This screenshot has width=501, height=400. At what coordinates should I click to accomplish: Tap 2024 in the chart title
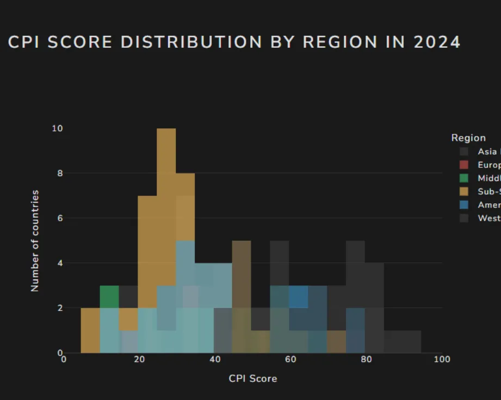coord(437,42)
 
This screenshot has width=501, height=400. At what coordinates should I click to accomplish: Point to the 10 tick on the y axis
coord(57,129)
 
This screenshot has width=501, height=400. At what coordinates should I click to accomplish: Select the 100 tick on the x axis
coord(442,360)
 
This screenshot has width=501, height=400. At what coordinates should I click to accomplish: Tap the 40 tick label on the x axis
coord(215,360)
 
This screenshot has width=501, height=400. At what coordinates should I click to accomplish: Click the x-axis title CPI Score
coord(252,378)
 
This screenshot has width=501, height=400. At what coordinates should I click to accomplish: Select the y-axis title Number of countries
coord(35,240)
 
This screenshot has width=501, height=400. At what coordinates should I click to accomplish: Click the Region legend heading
coord(468,138)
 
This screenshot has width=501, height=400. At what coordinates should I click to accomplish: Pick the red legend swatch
coord(463,165)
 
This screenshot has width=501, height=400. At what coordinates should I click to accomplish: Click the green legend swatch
coord(463,178)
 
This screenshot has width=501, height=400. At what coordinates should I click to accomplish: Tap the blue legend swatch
coord(463,205)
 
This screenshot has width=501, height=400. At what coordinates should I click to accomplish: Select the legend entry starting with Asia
coord(487,152)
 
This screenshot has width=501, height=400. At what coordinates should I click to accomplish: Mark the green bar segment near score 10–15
coord(109,296)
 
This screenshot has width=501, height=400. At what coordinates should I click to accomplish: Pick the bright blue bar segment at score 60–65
coord(298,297)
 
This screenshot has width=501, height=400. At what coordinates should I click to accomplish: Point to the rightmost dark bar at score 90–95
coord(411,341)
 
